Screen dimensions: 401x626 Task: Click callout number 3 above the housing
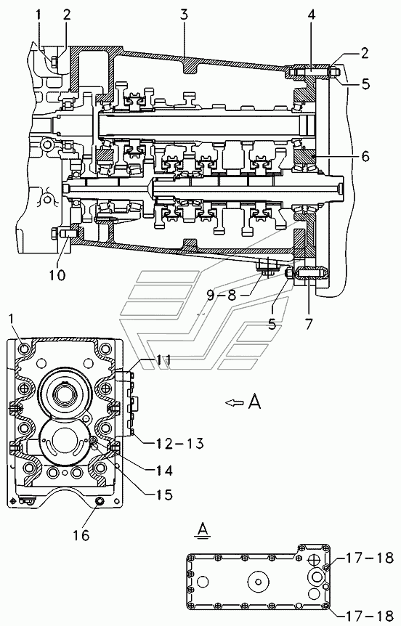(184, 15)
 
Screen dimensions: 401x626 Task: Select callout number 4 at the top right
(312, 15)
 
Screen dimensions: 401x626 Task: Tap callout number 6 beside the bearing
(365, 155)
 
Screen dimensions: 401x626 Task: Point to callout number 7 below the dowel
(309, 323)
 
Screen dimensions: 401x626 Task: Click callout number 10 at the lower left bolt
(57, 275)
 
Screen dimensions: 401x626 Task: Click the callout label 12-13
(174, 443)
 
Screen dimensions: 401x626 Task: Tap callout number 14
(163, 471)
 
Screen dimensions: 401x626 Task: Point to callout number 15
(163, 495)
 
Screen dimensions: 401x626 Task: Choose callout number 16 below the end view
(81, 535)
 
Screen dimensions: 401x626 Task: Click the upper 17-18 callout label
(370, 558)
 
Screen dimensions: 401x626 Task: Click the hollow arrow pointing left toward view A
(235, 403)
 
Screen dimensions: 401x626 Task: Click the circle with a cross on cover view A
(312, 561)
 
